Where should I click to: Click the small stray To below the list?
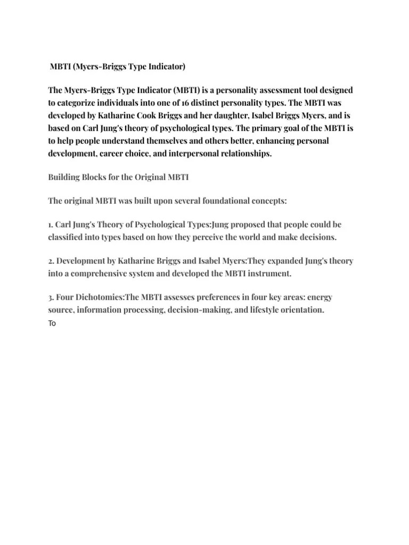[x=52, y=323]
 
